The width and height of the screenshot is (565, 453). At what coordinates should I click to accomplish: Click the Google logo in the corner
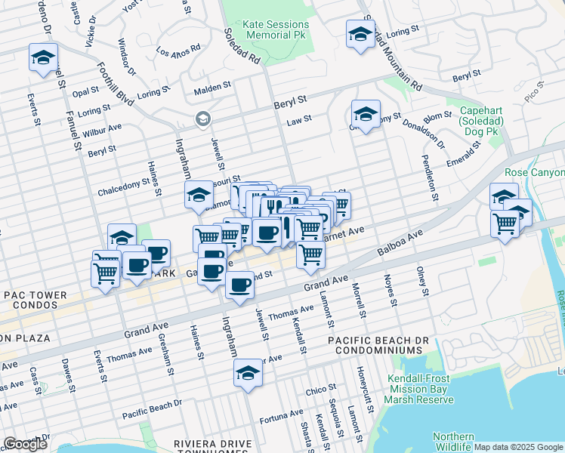[x=25, y=444]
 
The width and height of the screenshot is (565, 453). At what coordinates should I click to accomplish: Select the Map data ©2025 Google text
[x=518, y=447]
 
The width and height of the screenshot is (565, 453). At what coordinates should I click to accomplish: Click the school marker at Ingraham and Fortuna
[x=247, y=373]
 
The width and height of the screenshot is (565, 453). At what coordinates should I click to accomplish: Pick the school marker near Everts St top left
[x=44, y=57]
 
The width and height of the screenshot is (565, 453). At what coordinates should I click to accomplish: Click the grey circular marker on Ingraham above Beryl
[x=202, y=119]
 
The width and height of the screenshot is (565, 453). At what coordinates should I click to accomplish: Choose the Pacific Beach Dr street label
[x=153, y=409]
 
